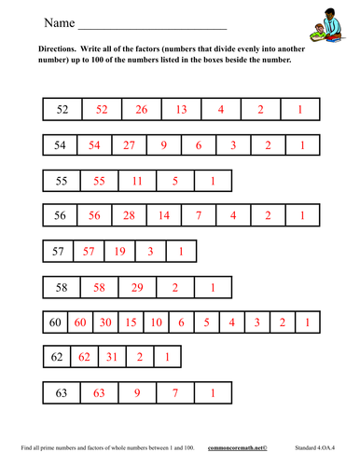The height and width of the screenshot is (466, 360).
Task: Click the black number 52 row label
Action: (62, 110)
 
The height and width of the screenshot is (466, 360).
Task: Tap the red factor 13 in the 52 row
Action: (181, 110)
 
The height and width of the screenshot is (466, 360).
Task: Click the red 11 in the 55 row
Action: (137, 181)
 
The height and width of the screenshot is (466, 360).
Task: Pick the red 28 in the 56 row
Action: (129, 216)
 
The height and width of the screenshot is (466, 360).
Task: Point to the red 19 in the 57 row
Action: (119, 252)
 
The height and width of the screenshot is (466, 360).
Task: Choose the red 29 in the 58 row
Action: (137, 287)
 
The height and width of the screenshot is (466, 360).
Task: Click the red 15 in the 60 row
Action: (132, 322)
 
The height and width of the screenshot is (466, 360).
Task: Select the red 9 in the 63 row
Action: (137, 392)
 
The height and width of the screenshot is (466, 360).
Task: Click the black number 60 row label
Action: (55, 322)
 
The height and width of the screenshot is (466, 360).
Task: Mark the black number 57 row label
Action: (57, 252)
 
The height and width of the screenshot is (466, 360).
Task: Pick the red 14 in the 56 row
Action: (163, 216)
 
